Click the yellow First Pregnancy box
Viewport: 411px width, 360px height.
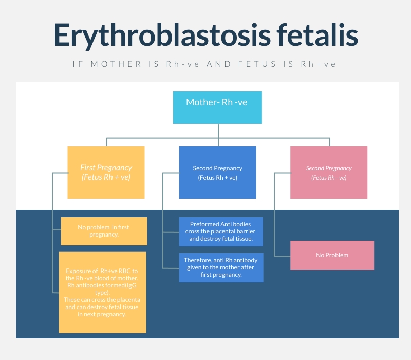tap(106, 172)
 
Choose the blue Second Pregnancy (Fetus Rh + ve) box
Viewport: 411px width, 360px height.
tap(217, 172)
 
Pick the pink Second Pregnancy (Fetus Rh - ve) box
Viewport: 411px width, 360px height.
tap(329, 172)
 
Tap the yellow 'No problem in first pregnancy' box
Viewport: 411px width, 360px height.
tap(104, 231)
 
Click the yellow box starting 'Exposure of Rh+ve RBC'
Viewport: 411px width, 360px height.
tap(102, 292)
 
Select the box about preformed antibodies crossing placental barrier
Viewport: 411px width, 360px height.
tap(221, 231)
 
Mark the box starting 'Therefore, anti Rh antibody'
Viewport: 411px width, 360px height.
tap(221, 267)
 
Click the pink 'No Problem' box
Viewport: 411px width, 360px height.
tap(332, 255)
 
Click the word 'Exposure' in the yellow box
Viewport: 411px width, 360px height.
tap(79, 271)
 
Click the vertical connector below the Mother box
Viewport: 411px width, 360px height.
tap(218, 131)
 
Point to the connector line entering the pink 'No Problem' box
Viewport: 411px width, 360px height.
tap(282, 255)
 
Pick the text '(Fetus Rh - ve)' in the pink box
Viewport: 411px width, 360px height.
tap(329, 178)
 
